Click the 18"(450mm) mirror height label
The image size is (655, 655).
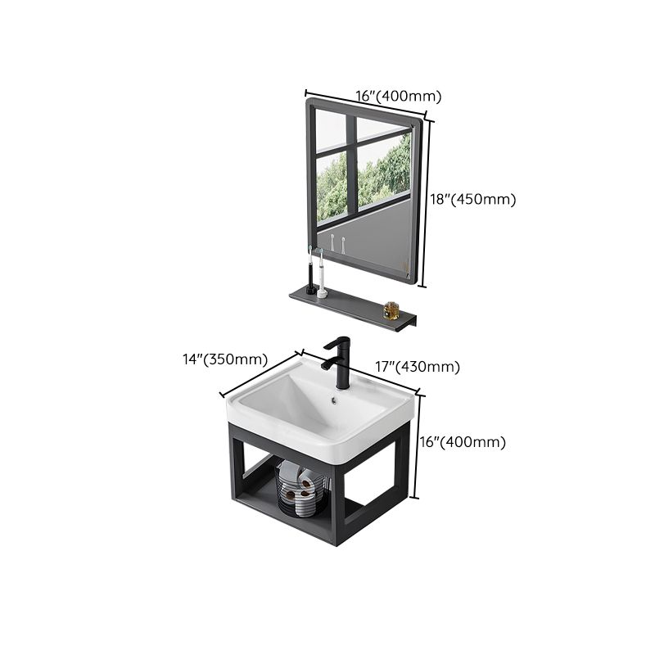coord(473,199)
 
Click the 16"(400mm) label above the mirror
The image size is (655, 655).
coord(399,96)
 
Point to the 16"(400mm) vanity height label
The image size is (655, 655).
coord(463,442)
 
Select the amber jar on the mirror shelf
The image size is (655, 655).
coord(391,310)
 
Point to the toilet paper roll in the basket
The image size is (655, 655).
coord(307,483)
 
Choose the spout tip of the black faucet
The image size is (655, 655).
coord(325,366)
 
